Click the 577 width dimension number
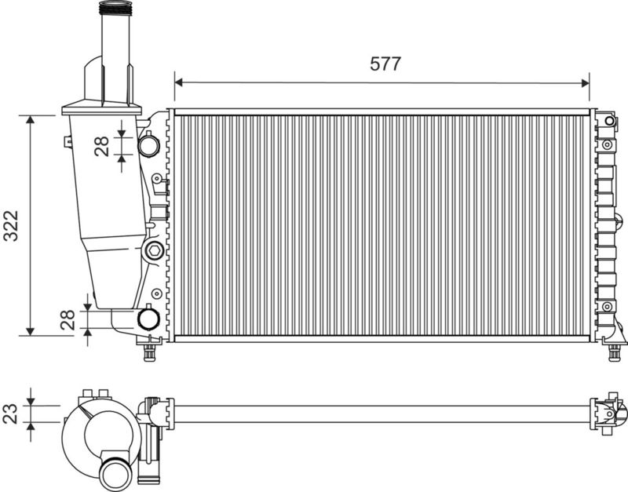click(x=385, y=64)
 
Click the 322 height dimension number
click(x=11, y=225)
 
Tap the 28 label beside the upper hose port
click(x=102, y=146)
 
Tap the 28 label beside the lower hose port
click(x=68, y=319)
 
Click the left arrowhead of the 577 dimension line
click(x=179, y=82)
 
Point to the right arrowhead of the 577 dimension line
click(x=586, y=83)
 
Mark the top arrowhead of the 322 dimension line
click(x=30, y=119)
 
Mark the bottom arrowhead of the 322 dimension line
click(x=30, y=331)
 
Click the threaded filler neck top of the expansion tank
click(x=115, y=8)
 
